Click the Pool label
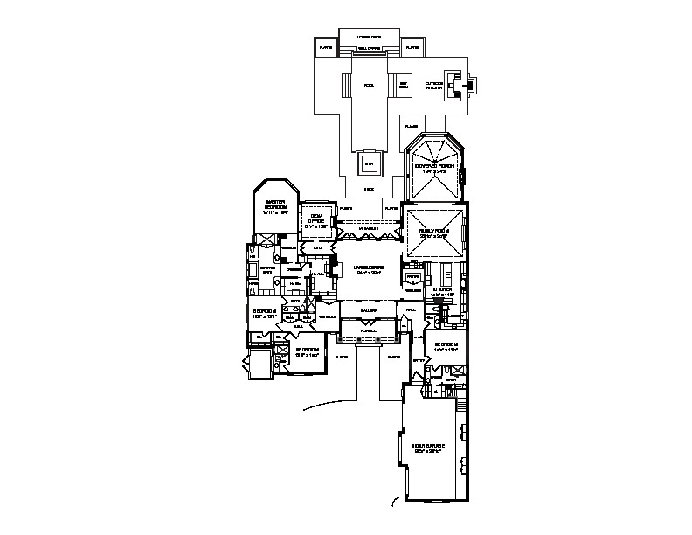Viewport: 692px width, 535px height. (x=369, y=86)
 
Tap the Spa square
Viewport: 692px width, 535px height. (x=368, y=162)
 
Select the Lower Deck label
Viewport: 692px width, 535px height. (x=370, y=38)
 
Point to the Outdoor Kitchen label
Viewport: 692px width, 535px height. (x=434, y=86)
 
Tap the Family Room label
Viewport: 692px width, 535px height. (x=434, y=232)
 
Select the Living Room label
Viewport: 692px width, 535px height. (x=365, y=269)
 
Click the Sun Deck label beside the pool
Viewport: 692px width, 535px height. (x=404, y=86)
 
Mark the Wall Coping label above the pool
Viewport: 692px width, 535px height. (x=369, y=50)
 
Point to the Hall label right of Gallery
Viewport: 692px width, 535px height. (x=411, y=310)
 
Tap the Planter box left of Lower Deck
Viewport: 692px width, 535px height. (x=327, y=45)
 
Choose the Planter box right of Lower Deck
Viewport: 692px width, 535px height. (x=411, y=45)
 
